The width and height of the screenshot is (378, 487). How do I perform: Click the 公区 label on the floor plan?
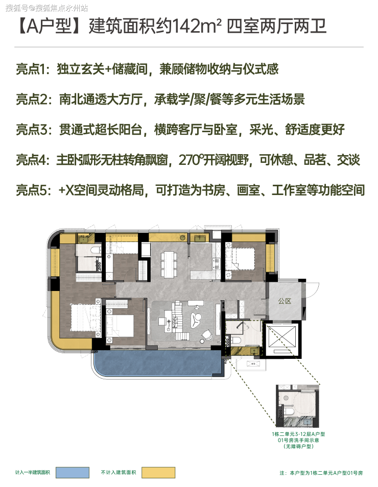(x=285, y=301)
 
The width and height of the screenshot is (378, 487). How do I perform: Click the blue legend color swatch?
(x=73, y=472)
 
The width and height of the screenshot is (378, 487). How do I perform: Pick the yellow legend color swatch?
(x=158, y=472)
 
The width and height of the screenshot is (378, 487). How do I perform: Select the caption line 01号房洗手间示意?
(x=298, y=440)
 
